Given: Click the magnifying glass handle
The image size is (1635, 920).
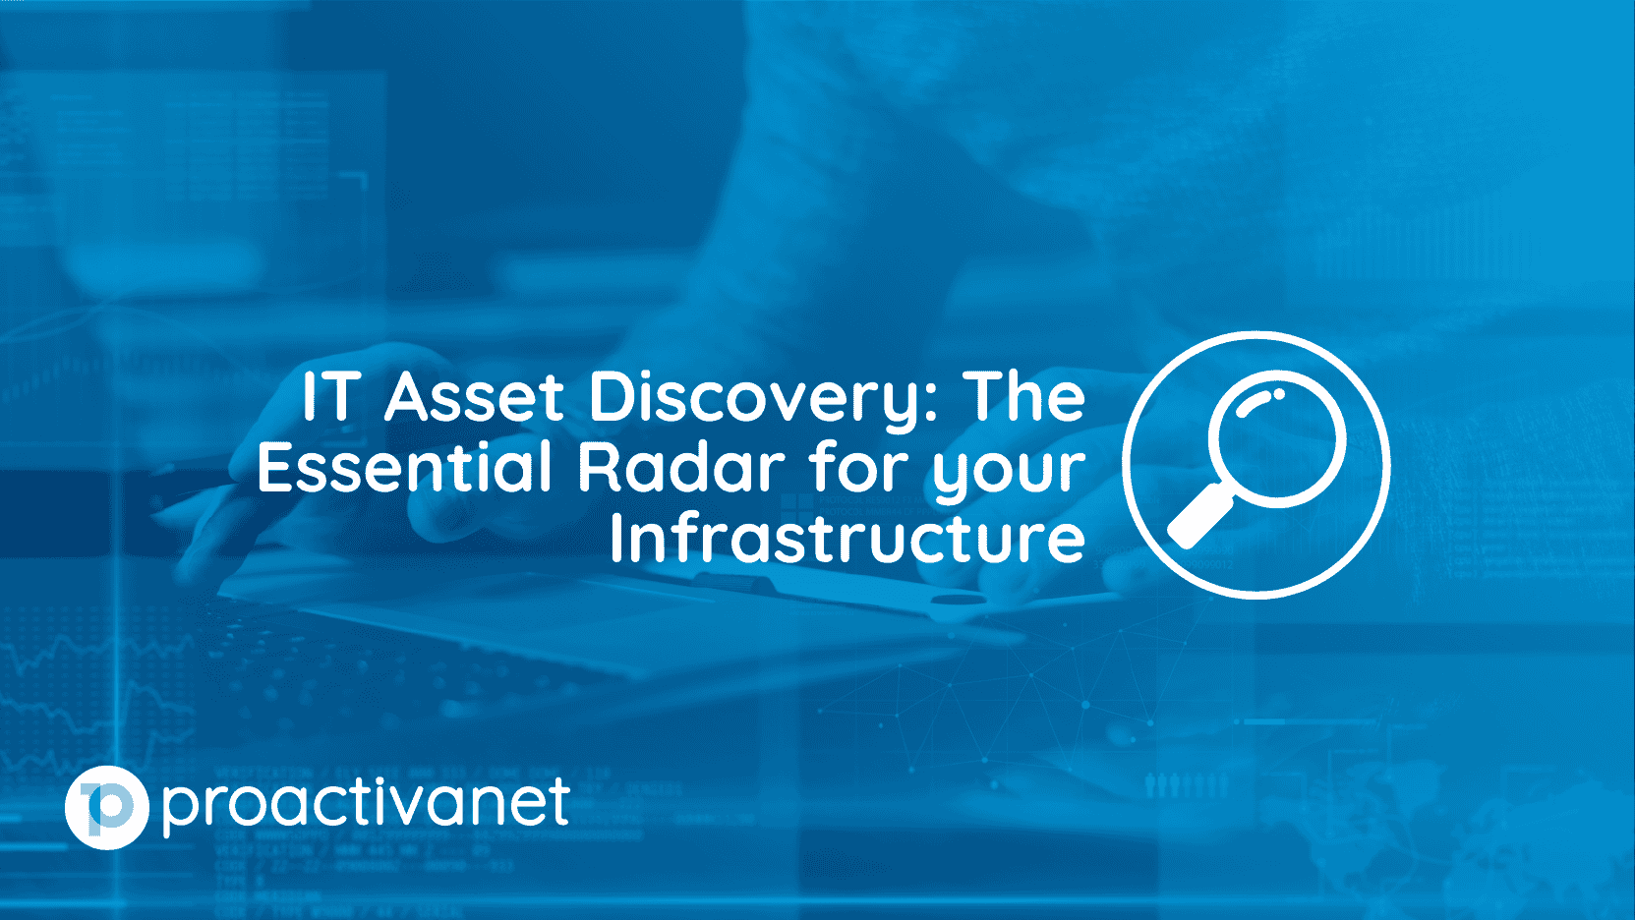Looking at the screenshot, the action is pyautogui.click(x=1199, y=520).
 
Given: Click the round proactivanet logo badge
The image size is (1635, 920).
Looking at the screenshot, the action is pyautogui.click(x=106, y=808).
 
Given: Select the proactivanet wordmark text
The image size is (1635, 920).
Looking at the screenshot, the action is pyautogui.click(x=366, y=806).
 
